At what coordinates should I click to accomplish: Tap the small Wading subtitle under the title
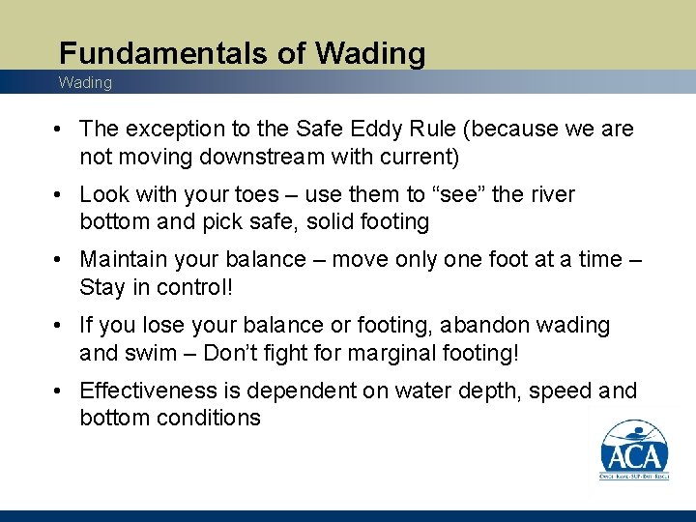point(85,83)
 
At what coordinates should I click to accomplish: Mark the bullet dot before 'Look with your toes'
point(61,195)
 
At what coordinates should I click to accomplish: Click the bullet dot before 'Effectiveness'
point(61,391)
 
